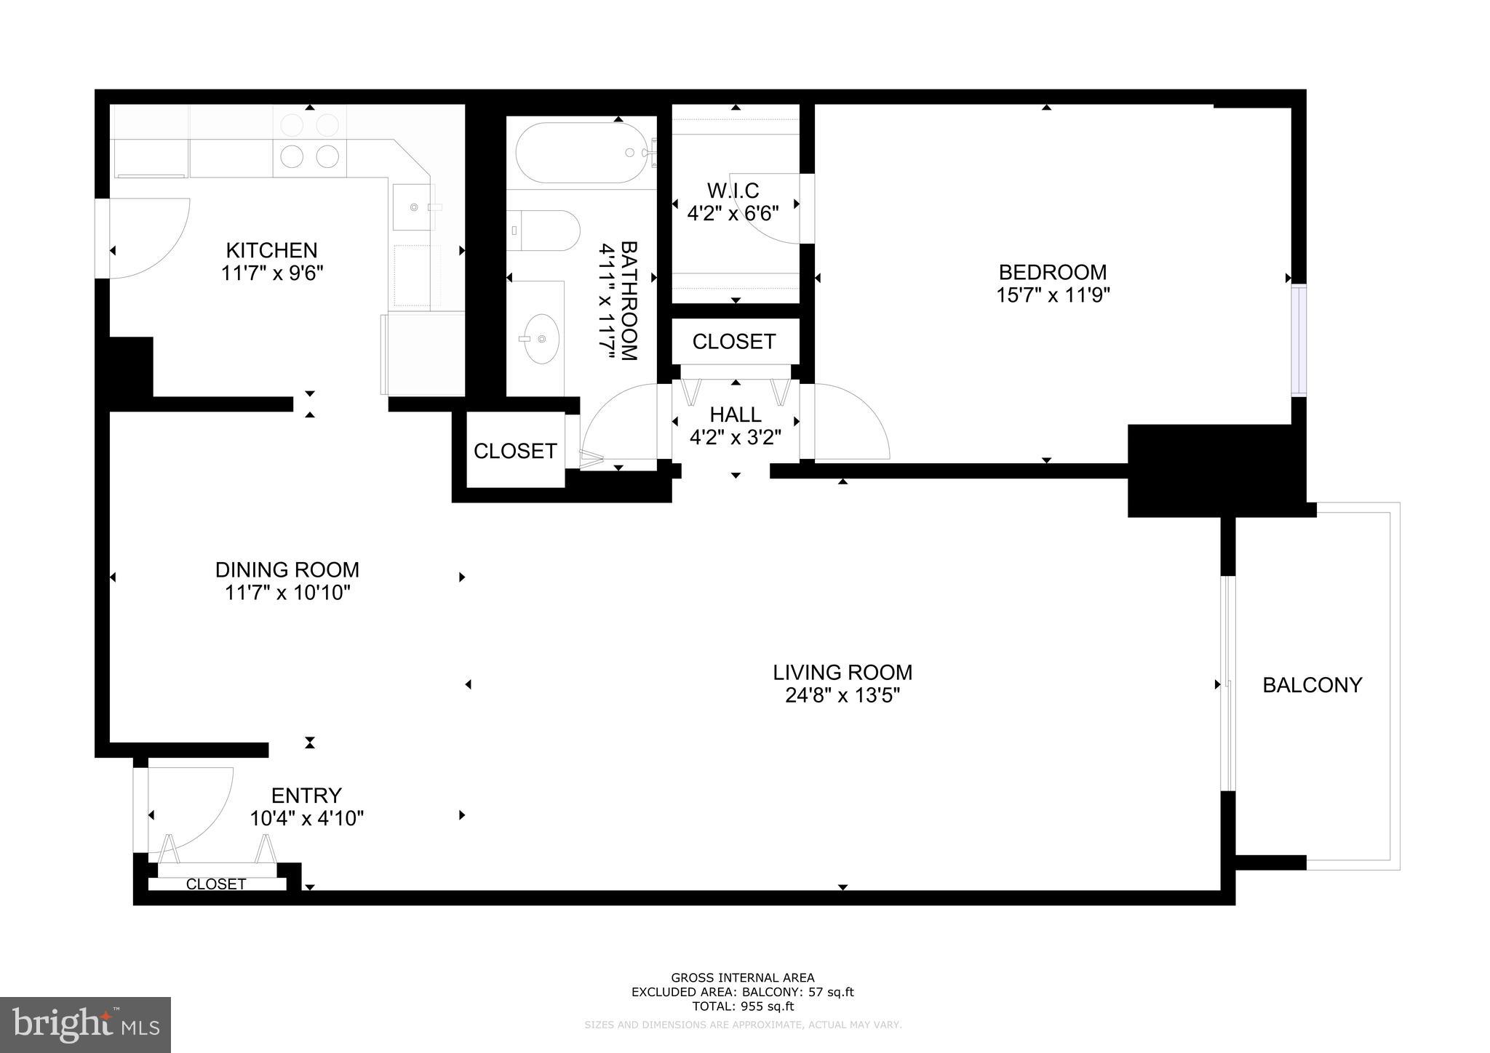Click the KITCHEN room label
[x=271, y=250]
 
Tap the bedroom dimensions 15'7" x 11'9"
[x=1052, y=295]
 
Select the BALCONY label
[x=1312, y=685]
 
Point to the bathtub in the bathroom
[x=580, y=153]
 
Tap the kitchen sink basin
[x=413, y=208]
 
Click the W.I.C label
[x=733, y=191]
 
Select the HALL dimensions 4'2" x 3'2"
[x=735, y=438]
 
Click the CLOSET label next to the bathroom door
[x=515, y=451]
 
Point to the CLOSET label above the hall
[x=733, y=342]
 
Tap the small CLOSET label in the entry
[x=216, y=884]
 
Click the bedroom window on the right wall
[x=1299, y=340]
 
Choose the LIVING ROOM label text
[x=842, y=672]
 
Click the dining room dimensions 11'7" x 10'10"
[x=287, y=593]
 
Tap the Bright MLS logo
[x=85, y=1025]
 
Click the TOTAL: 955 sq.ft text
[x=742, y=1006]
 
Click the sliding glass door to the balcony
[x=1227, y=684]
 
